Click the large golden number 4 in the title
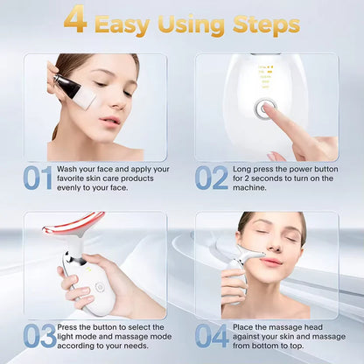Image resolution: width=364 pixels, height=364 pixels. point(75,20)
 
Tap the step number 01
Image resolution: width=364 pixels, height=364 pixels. point(38,178)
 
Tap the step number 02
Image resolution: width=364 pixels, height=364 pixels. point(210,178)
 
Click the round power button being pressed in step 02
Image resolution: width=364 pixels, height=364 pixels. point(262,110)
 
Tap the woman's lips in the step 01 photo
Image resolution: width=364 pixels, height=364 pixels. point(110,120)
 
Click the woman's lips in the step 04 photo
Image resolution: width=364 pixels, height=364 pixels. point(271,262)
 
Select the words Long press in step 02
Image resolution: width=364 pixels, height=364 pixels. point(254,168)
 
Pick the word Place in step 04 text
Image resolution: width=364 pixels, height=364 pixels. point(246,326)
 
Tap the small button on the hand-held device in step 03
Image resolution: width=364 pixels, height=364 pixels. point(98,285)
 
